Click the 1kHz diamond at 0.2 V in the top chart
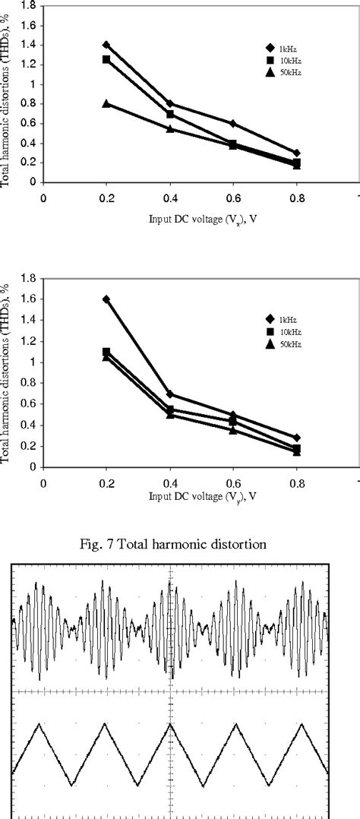[106, 45]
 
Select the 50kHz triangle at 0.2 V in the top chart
[106, 103]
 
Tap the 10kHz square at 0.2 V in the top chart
[106, 59]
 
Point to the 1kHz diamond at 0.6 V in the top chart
[232, 123]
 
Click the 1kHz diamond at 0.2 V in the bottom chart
[106, 299]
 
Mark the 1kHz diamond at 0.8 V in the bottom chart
[296, 438]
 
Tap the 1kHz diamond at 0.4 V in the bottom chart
[170, 394]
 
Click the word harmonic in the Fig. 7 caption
[214, 545]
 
